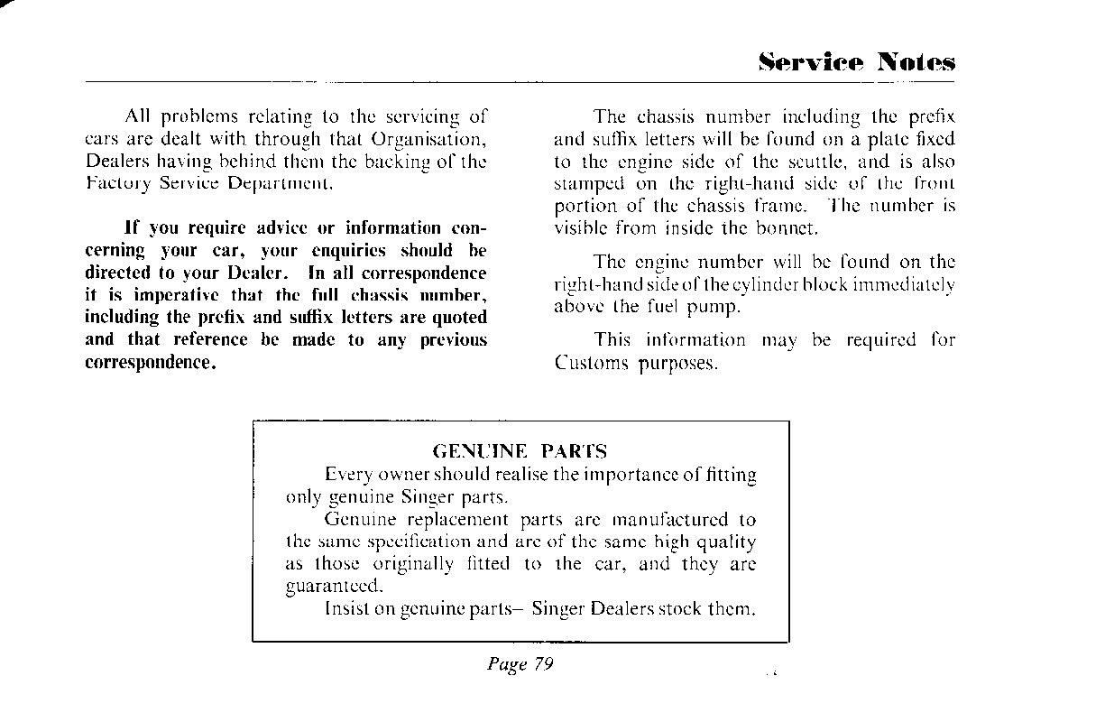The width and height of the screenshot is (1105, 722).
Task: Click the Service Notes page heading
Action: pos(856,62)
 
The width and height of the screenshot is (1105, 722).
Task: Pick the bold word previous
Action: pos(453,340)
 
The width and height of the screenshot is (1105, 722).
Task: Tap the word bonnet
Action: pos(787,228)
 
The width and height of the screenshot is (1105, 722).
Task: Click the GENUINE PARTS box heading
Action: pos(520,451)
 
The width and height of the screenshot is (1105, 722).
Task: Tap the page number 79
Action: pos(543,664)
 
